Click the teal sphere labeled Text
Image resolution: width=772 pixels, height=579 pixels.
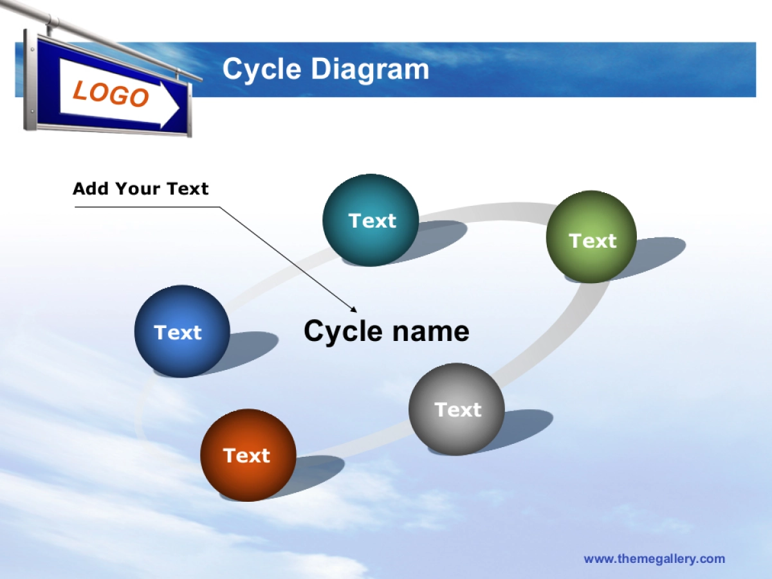click(371, 220)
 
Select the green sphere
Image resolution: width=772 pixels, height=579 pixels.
click(591, 237)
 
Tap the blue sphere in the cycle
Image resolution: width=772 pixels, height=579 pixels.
click(182, 331)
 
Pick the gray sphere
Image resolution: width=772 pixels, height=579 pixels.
click(457, 409)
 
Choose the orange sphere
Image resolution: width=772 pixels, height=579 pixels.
click(248, 455)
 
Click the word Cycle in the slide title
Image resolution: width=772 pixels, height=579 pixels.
click(262, 69)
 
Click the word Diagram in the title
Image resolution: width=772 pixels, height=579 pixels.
click(370, 69)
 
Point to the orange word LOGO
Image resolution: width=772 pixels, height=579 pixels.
click(111, 93)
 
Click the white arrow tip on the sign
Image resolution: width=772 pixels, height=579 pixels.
click(179, 107)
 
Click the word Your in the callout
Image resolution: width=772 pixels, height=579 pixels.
click(138, 188)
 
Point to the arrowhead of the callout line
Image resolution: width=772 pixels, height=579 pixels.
click(355, 311)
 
